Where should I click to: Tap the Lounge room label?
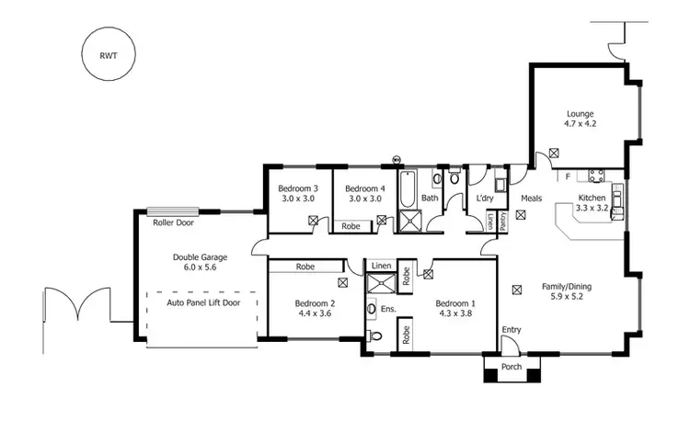click(x=580, y=115)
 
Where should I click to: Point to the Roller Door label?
click(x=173, y=222)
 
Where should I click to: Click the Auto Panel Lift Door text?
click(x=201, y=302)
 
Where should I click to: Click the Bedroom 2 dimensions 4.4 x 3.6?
click(x=314, y=313)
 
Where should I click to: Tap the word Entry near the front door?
click(x=511, y=329)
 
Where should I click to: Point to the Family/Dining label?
click(x=565, y=287)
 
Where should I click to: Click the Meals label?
click(x=532, y=198)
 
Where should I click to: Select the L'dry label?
click(x=485, y=198)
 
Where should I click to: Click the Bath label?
click(x=430, y=198)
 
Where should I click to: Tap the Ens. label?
click(x=388, y=309)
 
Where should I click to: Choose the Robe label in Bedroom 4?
click(x=351, y=225)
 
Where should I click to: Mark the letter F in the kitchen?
click(x=568, y=176)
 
